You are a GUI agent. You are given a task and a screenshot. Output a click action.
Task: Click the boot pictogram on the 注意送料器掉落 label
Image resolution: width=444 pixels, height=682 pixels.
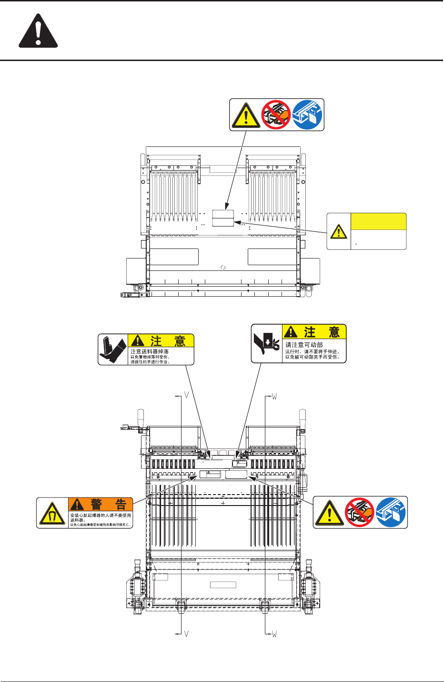click(x=113, y=350)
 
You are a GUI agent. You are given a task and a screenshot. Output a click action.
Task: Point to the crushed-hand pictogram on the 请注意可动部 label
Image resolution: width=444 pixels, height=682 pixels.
click(x=267, y=344)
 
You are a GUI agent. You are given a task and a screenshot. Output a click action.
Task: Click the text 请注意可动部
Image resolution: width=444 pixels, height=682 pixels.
click(x=304, y=344)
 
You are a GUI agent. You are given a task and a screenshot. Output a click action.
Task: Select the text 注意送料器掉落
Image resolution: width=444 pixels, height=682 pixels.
click(x=150, y=351)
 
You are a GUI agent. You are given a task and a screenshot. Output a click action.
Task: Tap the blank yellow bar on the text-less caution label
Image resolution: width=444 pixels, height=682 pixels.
click(x=378, y=222)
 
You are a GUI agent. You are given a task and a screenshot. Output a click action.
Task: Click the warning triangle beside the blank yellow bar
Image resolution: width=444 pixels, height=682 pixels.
click(x=339, y=231)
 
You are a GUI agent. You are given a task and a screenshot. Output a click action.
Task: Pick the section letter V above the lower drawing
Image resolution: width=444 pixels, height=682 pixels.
click(x=187, y=396)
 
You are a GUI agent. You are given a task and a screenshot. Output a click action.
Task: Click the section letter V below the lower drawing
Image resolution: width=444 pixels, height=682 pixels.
click(x=187, y=634)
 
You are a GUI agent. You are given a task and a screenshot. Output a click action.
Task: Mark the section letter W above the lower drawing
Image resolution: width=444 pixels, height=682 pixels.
click(x=274, y=396)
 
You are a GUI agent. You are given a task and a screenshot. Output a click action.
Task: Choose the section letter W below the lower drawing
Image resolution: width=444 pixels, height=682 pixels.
click(x=274, y=634)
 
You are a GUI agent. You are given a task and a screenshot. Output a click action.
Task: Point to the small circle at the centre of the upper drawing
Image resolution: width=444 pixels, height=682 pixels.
click(x=223, y=268)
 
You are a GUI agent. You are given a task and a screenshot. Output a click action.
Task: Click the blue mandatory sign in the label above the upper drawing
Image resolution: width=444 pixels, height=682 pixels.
click(x=307, y=114)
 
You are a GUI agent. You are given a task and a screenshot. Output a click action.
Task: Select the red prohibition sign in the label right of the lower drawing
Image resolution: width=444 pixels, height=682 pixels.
click(x=359, y=512)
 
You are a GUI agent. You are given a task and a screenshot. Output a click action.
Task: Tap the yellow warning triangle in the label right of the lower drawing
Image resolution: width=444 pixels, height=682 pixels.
click(x=329, y=513)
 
